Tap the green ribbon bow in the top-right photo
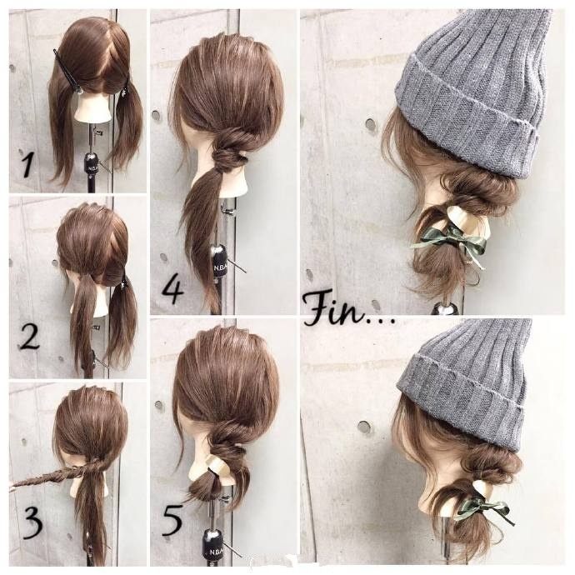point(451,240)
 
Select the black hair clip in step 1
point(67,72)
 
